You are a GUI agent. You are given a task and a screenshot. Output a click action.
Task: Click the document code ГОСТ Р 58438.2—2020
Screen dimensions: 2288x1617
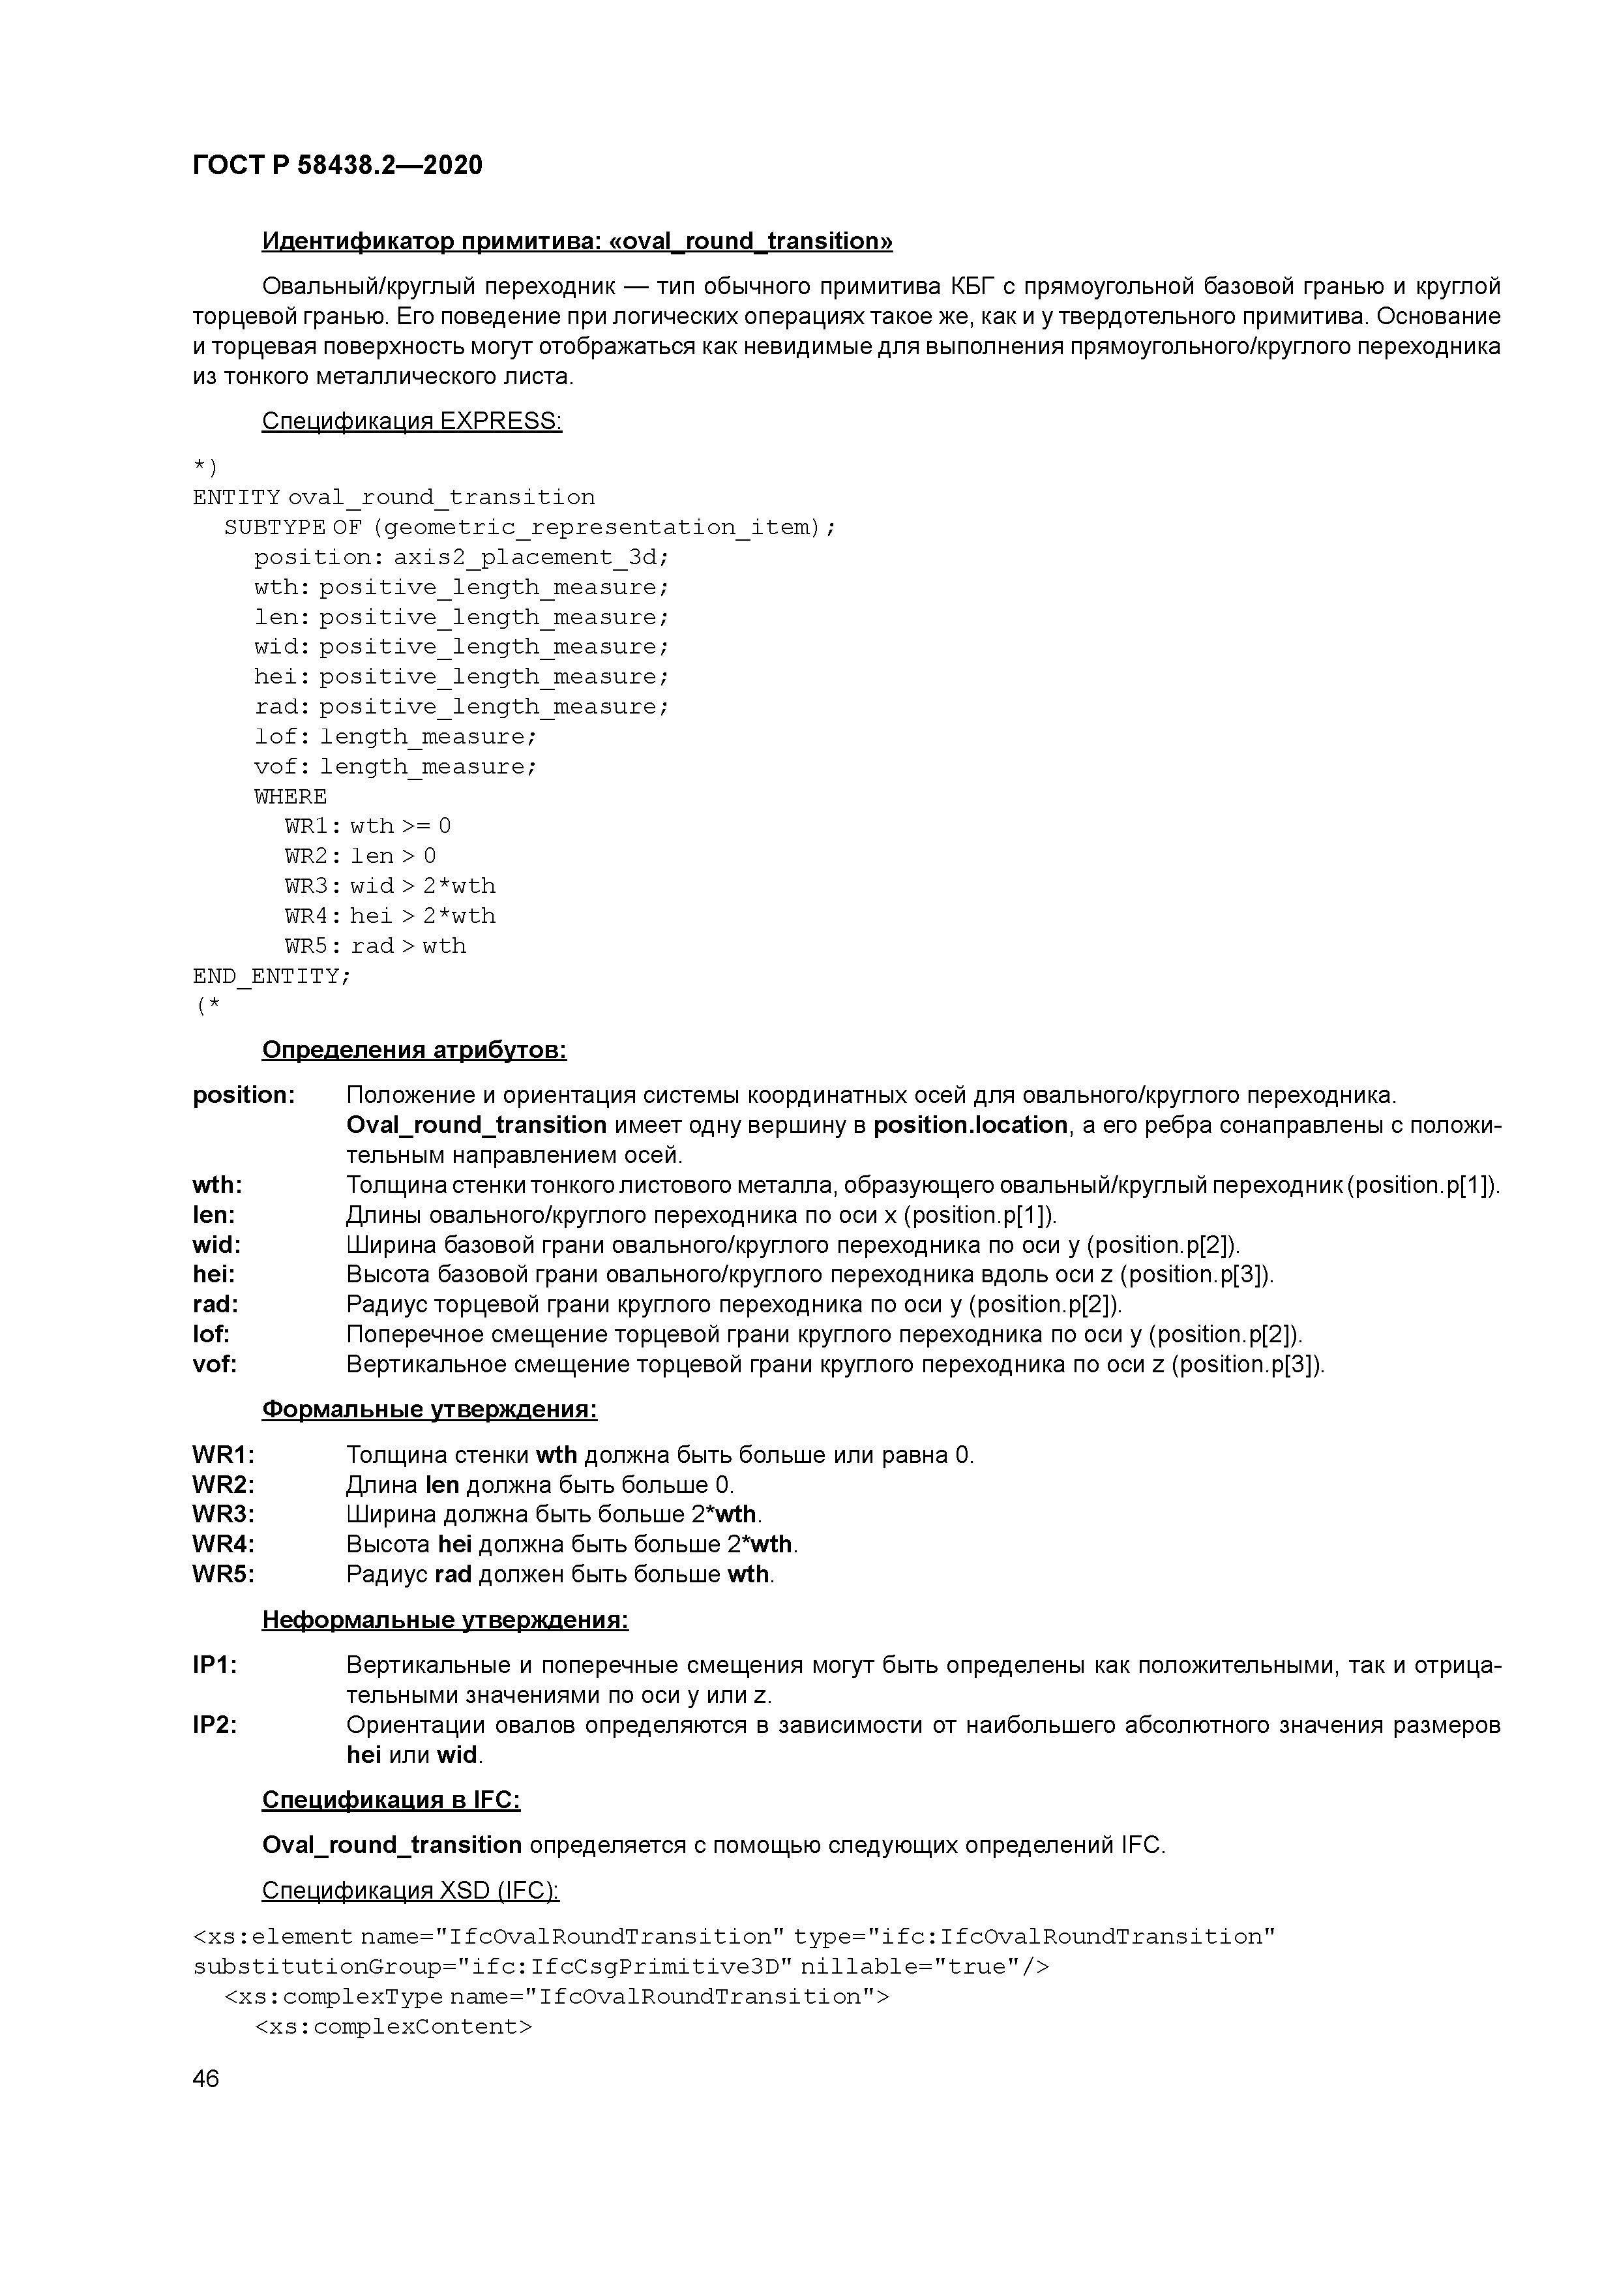pos(336,166)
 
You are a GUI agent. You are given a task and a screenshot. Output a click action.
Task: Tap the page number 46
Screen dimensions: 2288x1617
pos(206,2079)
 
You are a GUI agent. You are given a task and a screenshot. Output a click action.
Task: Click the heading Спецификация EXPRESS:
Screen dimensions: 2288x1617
pos(411,421)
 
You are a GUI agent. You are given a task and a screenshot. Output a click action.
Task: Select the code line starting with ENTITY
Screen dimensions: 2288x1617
pos(394,497)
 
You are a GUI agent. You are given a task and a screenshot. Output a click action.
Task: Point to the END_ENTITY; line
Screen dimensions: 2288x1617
pos(271,976)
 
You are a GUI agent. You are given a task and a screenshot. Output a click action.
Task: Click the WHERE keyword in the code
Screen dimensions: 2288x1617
pos(290,796)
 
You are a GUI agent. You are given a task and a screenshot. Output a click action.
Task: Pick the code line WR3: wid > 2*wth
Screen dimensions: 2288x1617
pos(389,886)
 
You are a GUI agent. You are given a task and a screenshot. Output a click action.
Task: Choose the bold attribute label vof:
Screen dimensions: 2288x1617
pos(215,1364)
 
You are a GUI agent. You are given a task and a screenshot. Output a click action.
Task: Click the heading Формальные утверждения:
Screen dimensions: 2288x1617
pos(430,1410)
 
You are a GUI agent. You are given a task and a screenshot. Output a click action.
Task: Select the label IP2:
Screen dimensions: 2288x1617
pos(215,1725)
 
